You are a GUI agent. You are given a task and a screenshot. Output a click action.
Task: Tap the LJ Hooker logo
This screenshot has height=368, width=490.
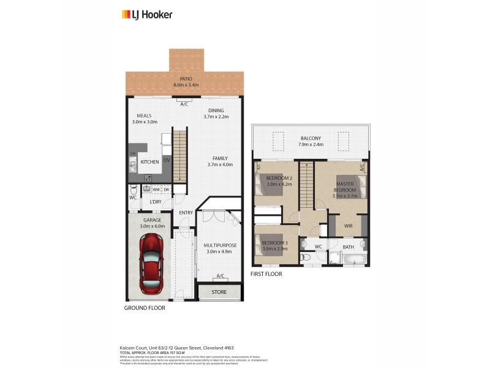point(147,14)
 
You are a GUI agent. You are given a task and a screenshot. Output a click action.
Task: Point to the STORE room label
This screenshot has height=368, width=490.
point(219,292)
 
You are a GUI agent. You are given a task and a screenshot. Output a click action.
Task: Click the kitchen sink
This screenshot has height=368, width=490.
point(132,164)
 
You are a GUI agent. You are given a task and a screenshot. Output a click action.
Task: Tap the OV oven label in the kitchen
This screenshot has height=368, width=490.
point(166,161)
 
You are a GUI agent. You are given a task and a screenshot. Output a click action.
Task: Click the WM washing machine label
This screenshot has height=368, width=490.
point(156,190)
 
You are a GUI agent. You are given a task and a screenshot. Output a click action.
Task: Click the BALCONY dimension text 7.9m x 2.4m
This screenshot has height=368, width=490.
point(311,145)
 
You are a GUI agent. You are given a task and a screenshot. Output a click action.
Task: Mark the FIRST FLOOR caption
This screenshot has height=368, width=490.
point(266,274)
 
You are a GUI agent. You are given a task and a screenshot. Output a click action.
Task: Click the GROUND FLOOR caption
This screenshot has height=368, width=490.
point(145,307)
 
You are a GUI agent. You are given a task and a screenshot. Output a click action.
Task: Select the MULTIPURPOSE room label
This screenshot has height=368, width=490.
point(219,245)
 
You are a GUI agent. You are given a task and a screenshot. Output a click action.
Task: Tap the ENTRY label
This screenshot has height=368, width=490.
point(186,213)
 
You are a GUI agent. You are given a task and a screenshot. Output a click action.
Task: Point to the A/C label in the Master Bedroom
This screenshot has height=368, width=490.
point(362,167)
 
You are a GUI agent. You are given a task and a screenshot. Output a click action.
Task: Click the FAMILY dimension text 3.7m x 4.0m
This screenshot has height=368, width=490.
point(220,164)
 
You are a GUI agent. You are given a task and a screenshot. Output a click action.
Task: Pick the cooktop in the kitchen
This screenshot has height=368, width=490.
point(148,178)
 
